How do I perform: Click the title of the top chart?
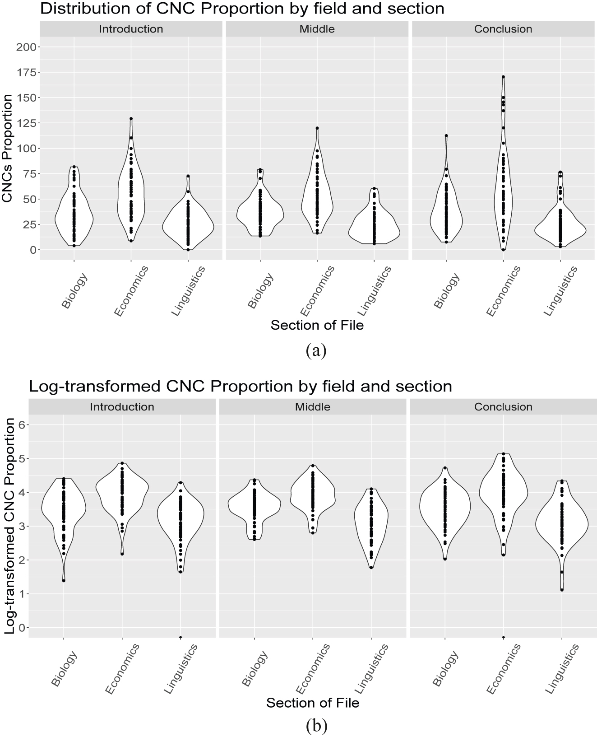click(242, 9)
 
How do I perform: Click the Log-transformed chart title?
click(240, 387)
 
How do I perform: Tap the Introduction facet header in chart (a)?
click(131, 29)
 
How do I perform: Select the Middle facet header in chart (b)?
click(313, 407)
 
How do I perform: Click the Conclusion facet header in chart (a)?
click(503, 29)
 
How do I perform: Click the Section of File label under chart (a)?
click(317, 325)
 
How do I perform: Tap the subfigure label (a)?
click(315, 350)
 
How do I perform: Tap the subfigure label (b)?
click(315, 726)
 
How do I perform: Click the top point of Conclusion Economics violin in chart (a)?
click(503, 77)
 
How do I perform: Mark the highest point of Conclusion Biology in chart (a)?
click(446, 135)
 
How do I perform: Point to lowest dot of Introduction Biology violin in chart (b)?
click(64, 581)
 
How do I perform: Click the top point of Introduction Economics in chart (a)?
click(131, 119)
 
